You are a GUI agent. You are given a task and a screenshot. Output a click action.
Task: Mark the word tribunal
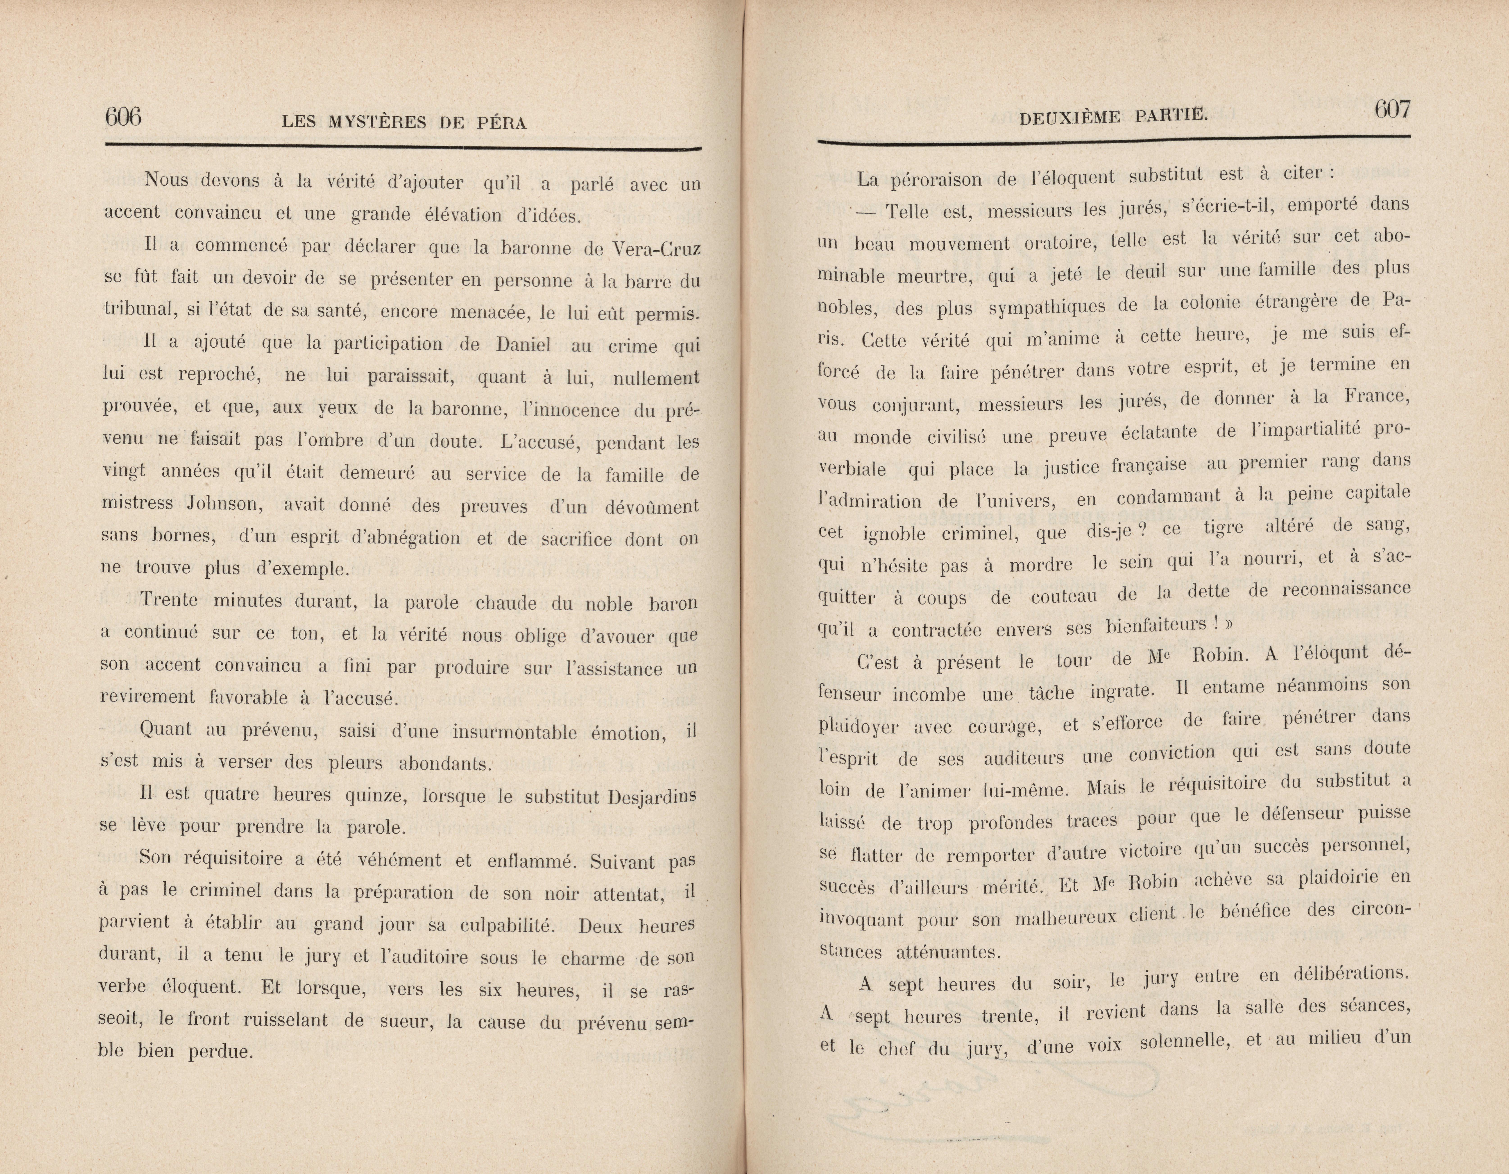(138, 309)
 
